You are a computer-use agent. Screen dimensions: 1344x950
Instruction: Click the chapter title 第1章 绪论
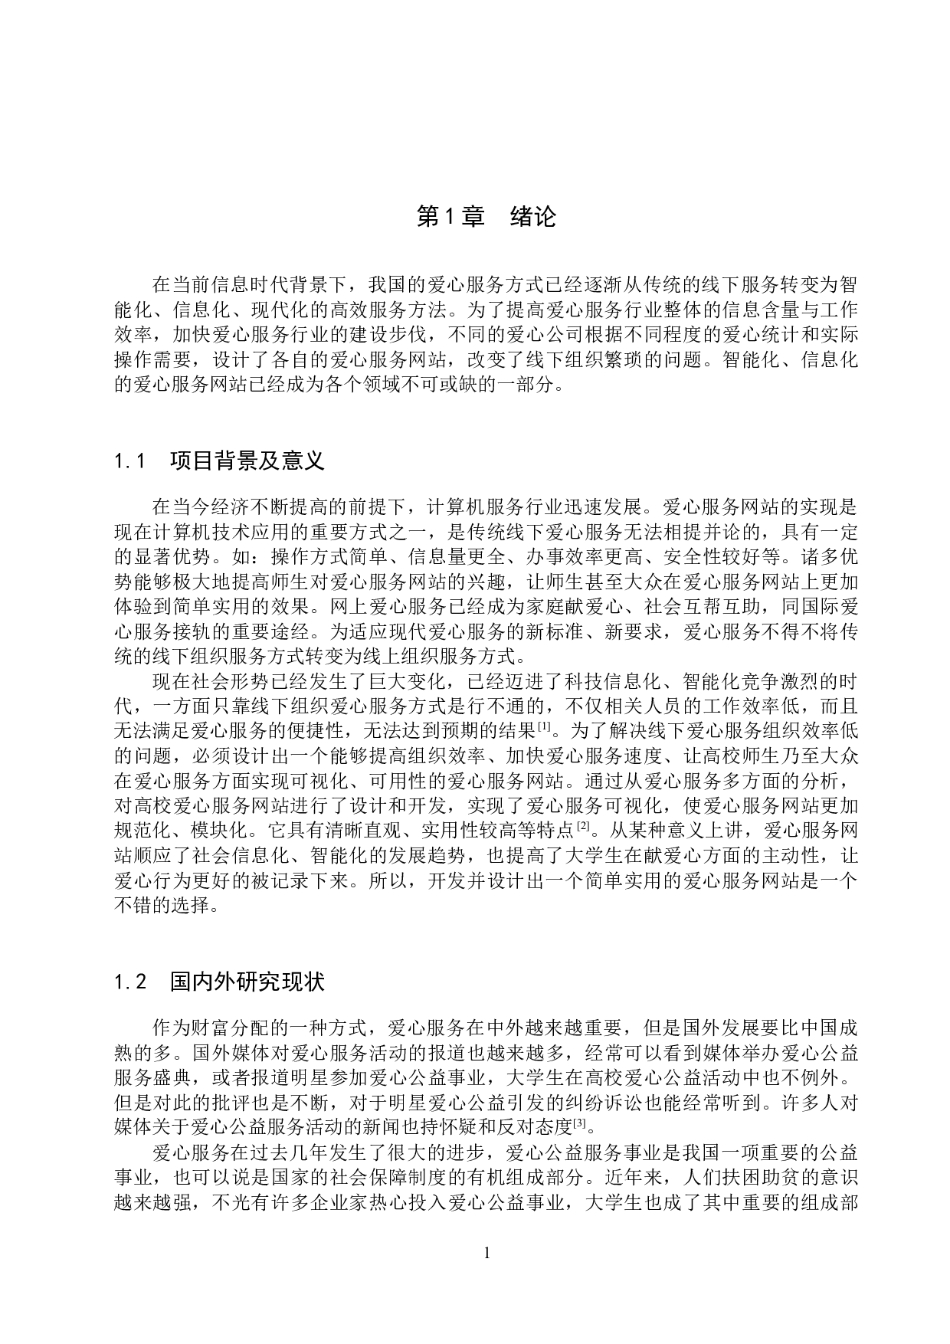point(486,218)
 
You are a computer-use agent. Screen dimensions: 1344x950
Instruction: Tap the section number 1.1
point(130,461)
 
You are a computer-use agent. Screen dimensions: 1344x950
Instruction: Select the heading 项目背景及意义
point(247,461)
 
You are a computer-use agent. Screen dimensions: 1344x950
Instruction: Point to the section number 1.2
point(130,982)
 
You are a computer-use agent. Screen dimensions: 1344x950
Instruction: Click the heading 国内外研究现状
point(247,982)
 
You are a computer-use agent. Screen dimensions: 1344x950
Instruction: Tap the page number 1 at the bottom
point(486,1254)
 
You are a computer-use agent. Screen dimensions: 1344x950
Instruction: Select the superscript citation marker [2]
point(585,825)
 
